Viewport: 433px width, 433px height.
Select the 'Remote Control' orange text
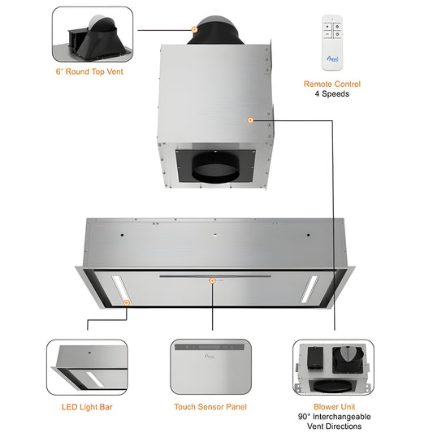[331, 84]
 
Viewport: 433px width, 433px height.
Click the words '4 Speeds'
[331, 94]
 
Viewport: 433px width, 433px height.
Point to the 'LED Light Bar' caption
[86, 405]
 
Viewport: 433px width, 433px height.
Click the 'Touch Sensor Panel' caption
[211, 405]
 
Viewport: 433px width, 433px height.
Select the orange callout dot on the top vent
[194, 29]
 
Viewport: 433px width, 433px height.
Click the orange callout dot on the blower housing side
[250, 119]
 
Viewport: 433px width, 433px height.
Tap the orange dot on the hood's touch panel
[212, 280]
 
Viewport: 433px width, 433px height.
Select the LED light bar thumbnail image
[86, 367]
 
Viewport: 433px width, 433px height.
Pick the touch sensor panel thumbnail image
[211, 367]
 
